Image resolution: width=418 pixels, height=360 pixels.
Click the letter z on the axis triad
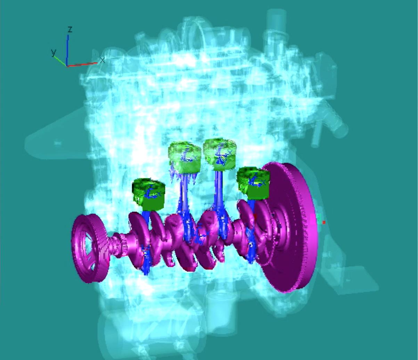click(x=70, y=30)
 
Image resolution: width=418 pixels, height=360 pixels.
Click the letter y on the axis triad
click(x=54, y=52)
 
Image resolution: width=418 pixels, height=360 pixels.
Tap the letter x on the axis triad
click(x=103, y=60)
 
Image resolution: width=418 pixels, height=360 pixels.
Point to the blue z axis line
click(x=67, y=50)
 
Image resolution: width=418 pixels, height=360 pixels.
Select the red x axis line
click(x=82, y=65)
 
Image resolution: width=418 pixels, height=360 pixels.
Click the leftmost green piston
click(x=148, y=194)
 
